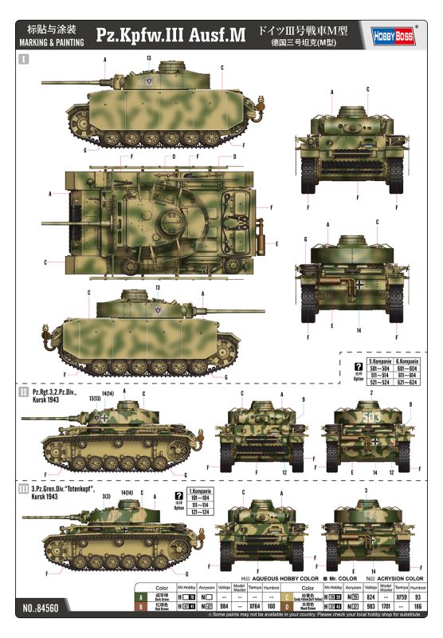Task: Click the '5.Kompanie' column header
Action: (x=381, y=361)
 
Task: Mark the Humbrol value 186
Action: (x=418, y=606)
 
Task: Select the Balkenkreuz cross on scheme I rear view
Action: (x=360, y=284)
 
